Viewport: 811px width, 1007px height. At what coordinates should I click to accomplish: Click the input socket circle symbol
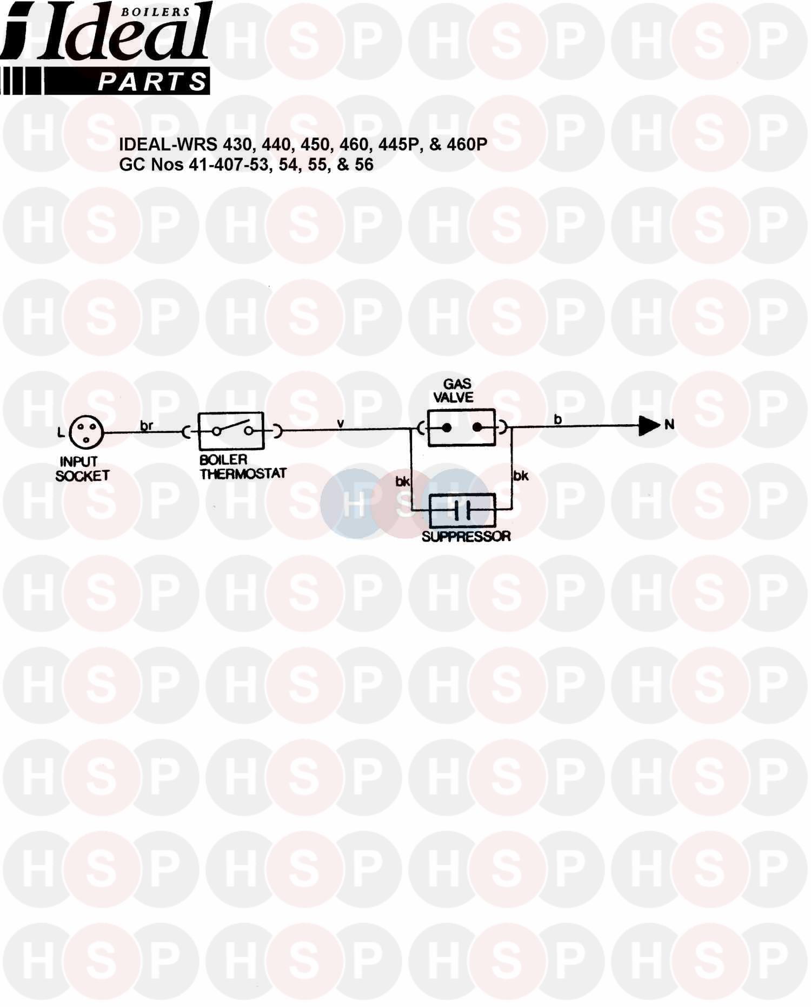click(x=86, y=432)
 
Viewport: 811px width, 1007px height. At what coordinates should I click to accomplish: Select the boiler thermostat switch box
click(x=231, y=431)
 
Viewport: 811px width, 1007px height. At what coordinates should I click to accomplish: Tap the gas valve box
click(x=461, y=427)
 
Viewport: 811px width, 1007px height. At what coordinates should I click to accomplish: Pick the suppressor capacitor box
click(x=462, y=510)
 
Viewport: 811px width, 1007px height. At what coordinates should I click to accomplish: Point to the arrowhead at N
click(x=649, y=426)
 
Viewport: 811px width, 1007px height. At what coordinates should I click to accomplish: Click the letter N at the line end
click(x=669, y=425)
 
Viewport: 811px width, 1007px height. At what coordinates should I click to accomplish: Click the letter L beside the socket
click(x=61, y=432)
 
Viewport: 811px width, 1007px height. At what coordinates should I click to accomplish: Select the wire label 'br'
click(x=147, y=426)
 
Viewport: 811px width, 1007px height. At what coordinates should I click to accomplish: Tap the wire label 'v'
click(x=341, y=423)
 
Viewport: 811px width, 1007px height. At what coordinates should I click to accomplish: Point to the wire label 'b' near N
click(x=557, y=419)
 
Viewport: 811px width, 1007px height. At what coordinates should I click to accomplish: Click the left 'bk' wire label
click(x=402, y=481)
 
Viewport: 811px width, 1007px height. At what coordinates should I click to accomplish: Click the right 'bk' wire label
click(x=521, y=476)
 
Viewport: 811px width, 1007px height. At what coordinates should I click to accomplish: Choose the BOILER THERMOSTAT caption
click(x=243, y=466)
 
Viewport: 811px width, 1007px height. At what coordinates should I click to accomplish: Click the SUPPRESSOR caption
click(x=466, y=536)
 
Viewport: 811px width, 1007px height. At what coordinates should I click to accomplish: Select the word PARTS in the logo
click(x=152, y=83)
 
